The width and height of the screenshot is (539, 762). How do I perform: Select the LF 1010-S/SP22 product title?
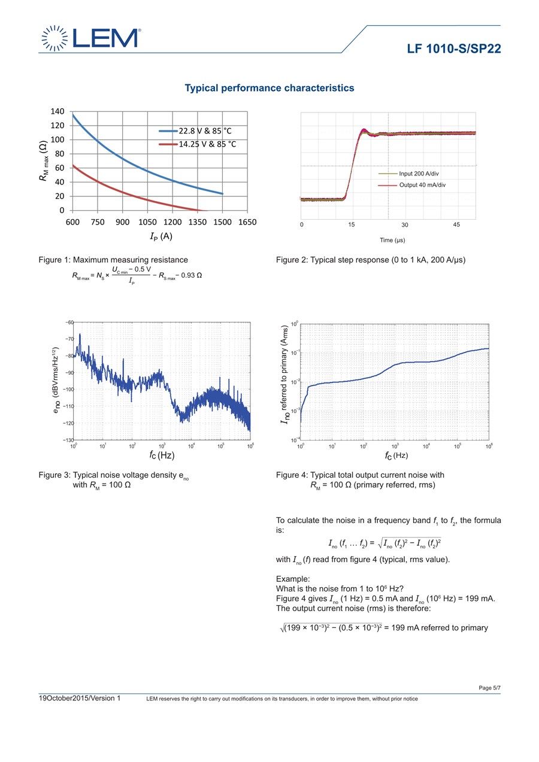[x=453, y=48]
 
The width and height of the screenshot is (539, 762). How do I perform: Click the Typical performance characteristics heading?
[x=269, y=88]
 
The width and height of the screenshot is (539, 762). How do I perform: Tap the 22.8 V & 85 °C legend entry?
[x=195, y=131]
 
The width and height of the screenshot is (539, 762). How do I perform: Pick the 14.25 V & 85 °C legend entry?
[x=198, y=144]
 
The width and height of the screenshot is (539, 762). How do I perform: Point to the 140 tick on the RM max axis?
[x=57, y=111]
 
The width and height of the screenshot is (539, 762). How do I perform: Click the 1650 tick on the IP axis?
[x=247, y=222]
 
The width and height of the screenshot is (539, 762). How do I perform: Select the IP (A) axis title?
[x=161, y=236]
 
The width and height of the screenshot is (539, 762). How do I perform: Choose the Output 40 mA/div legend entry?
[x=412, y=185]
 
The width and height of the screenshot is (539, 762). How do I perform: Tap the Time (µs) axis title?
[x=392, y=240]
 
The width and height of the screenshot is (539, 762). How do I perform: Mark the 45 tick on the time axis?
[x=456, y=224]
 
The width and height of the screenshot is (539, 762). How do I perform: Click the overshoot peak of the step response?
[x=364, y=129]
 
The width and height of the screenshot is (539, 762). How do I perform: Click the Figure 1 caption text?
[x=113, y=260]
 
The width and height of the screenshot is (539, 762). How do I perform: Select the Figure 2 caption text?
[x=371, y=260]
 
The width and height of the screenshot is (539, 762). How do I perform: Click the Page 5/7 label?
[x=489, y=688]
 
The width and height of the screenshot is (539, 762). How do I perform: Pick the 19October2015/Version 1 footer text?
[x=79, y=699]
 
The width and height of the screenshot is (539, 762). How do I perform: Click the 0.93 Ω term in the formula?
[x=191, y=275]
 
